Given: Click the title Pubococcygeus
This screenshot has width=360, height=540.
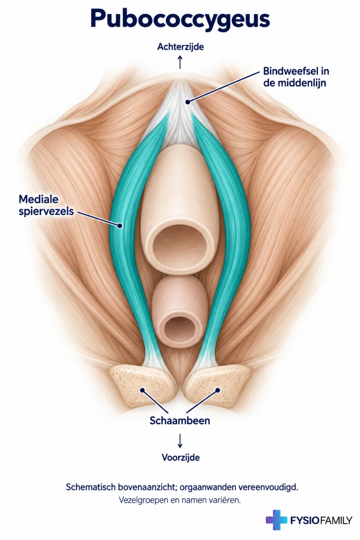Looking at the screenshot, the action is (180, 19).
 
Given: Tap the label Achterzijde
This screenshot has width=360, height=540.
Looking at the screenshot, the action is (180, 47).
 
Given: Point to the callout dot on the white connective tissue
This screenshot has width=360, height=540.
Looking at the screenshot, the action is (187, 102).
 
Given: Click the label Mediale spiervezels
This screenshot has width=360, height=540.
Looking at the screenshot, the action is (46, 205).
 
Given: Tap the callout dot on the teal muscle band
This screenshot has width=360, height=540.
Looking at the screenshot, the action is (120, 226).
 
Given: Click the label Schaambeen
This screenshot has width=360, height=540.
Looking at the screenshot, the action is (180, 420).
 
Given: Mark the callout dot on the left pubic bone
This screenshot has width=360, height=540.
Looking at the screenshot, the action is (142, 390).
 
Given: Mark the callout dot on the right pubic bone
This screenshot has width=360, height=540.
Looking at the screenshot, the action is (217, 390).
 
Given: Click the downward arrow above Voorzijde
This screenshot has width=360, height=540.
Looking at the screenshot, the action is (180, 441).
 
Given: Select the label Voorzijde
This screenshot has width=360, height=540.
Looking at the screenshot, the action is (181, 457).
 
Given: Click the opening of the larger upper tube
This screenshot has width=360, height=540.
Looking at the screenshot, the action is (180, 244).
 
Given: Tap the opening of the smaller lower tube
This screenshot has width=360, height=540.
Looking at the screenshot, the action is (180, 326).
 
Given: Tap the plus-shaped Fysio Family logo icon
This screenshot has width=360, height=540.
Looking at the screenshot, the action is (276, 520).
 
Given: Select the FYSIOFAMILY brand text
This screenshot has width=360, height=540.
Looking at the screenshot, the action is (321, 520).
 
